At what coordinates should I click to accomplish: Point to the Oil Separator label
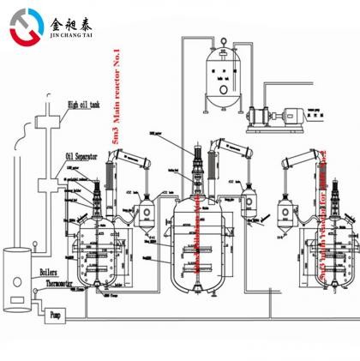click(82, 157)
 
